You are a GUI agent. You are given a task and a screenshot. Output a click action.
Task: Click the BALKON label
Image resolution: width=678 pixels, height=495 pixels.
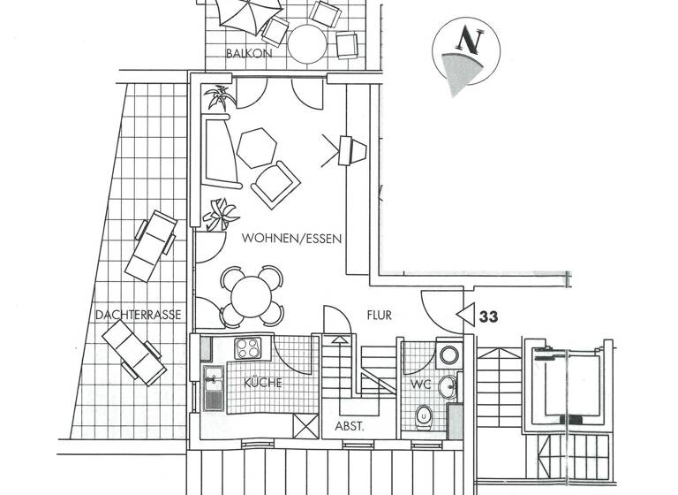click(x=248, y=53)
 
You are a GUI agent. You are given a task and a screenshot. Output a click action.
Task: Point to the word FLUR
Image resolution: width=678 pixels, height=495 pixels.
click(x=380, y=315)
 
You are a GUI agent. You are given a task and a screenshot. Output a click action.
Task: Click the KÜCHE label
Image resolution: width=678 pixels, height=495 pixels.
click(x=263, y=383)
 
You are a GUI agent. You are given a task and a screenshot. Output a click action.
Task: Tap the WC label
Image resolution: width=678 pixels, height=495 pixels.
click(x=421, y=385)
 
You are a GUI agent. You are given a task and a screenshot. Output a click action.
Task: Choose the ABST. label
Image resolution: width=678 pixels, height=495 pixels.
click(x=350, y=425)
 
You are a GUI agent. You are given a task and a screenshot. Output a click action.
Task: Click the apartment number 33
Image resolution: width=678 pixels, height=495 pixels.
click(x=488, y=315)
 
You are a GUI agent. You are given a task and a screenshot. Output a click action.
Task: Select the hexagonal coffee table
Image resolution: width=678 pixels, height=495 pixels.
click(x=256, y=148)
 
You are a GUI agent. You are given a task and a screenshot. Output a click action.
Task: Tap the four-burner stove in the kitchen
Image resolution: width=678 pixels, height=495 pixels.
click(x=249, y=348)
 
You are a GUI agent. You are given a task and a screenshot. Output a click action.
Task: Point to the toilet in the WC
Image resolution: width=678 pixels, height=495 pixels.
click(x=424, y=414)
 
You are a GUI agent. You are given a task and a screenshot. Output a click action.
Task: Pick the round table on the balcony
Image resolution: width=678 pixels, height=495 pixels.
click(x=307, y=42)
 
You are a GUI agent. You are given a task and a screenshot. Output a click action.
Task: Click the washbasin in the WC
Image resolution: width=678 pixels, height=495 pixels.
click(x=448, y=386)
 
